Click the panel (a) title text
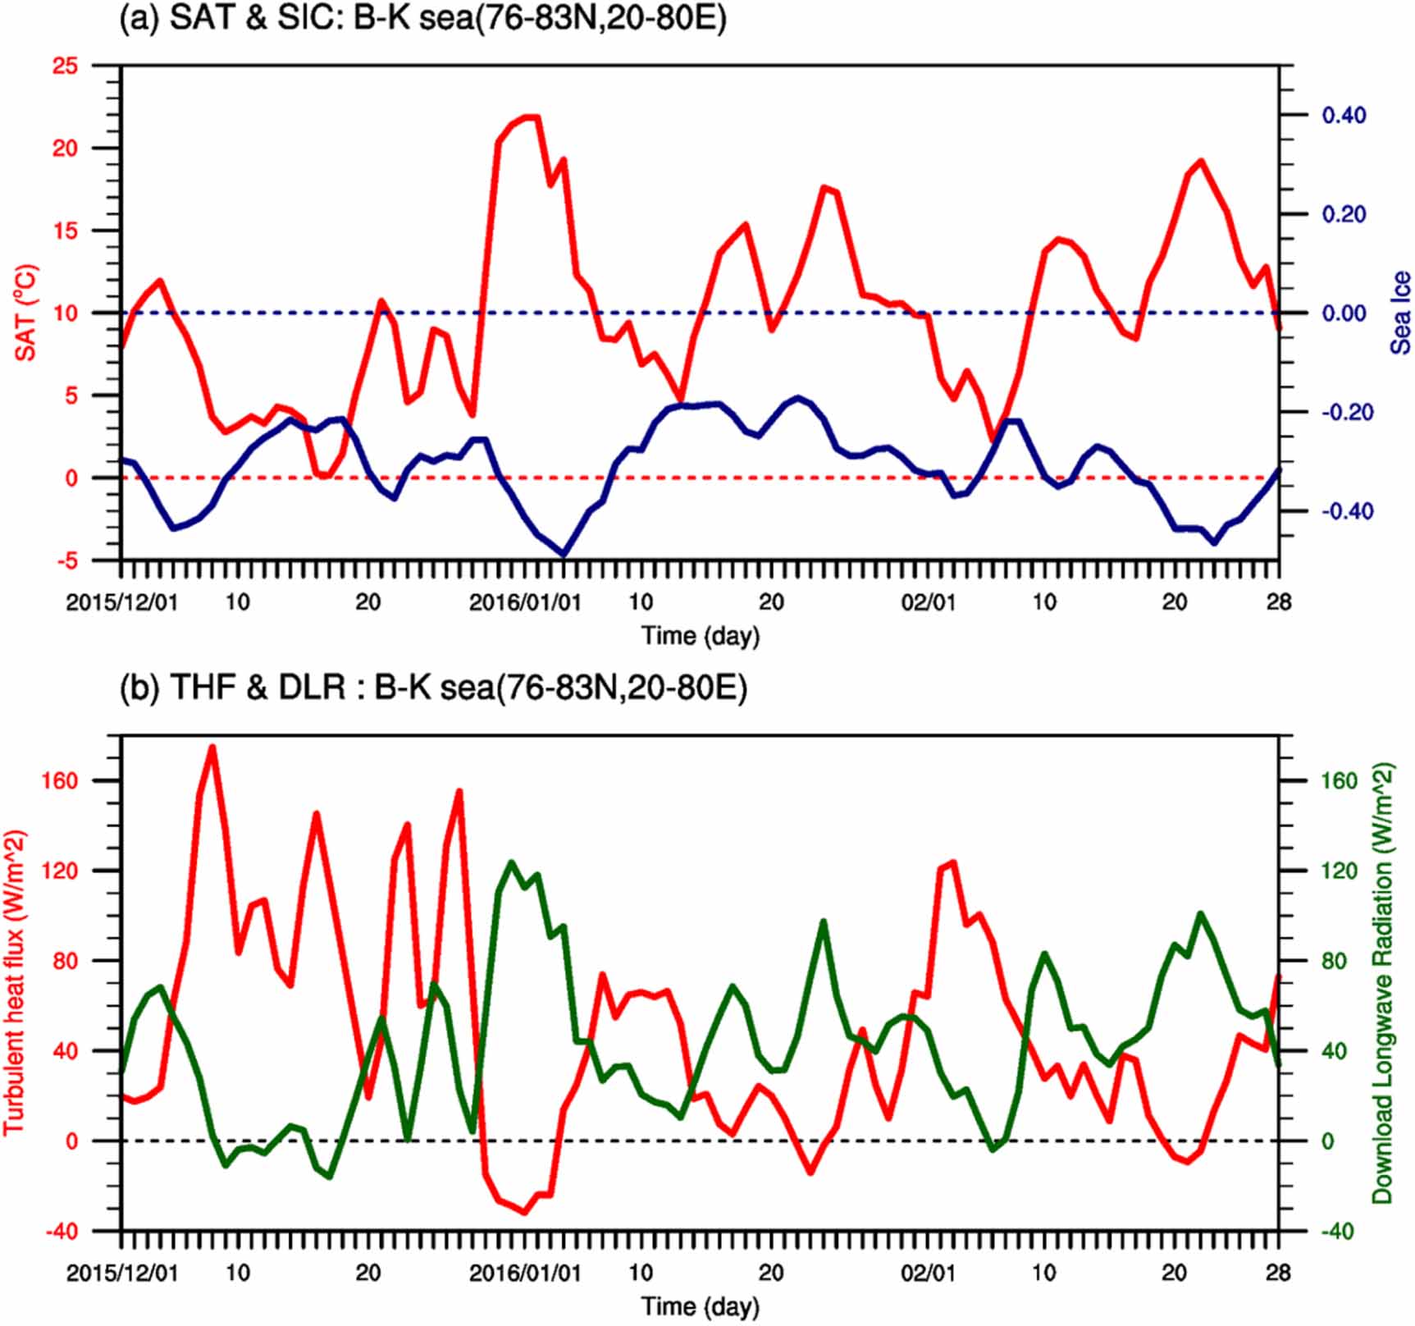pos(422,18)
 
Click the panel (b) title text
pos(433,687)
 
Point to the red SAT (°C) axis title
pos(26,312)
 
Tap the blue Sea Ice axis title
pos(1400,313)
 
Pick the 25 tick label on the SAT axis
pos(65,66)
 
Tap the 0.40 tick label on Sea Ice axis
pos(1344,115)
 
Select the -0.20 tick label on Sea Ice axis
pos(1346,412)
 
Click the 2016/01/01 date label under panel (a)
pos(525,602)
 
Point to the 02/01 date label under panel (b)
pos(928,1273)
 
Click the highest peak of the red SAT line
pos(532,117)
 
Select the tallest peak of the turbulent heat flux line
pos(212,748)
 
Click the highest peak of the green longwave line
pos(511,862)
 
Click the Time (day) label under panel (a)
pos(700,635)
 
